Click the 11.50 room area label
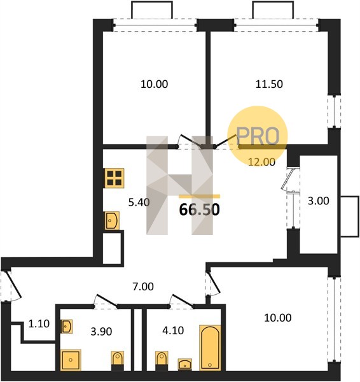269,84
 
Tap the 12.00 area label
261,162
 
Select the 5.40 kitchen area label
139,202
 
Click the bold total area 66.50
199,209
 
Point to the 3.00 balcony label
319,201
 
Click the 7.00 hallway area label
143,286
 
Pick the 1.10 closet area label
39,324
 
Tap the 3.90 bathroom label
101,332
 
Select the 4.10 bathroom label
173,330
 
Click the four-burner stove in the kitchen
114,178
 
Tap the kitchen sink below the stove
112,220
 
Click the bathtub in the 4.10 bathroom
210,348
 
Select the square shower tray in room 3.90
71,360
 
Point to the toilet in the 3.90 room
118,361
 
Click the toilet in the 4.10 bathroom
162,361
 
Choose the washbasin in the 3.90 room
66,326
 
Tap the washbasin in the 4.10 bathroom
185,364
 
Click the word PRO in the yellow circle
258,136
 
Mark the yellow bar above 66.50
199,196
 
